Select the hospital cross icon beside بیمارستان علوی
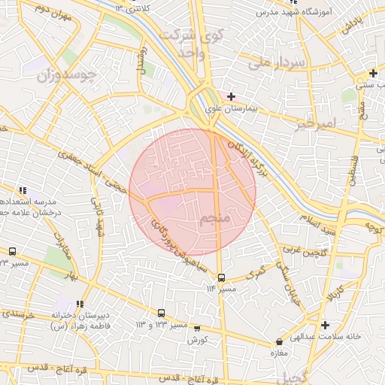(231, 96)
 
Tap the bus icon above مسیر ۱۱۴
(221, 277)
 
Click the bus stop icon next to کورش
(198, 328)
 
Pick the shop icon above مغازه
(280, 341)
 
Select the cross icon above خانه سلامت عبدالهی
(325, 326)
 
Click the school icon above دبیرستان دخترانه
(80, 304)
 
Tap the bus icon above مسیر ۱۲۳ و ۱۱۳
(162, 313)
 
